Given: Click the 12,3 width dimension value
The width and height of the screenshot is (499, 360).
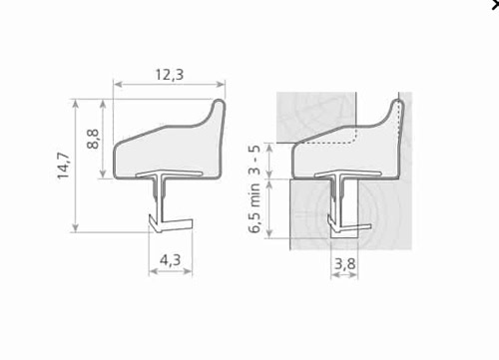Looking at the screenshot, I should point(169,73).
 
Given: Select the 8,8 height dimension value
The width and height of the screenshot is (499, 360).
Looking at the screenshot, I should point(92,139).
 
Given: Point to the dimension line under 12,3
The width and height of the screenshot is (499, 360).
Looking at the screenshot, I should point(169,86).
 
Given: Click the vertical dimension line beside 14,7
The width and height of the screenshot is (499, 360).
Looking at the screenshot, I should point(78,165).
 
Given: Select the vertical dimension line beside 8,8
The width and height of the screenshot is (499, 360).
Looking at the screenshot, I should point(104,139).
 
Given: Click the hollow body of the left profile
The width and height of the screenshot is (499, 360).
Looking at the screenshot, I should point(160,150).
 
